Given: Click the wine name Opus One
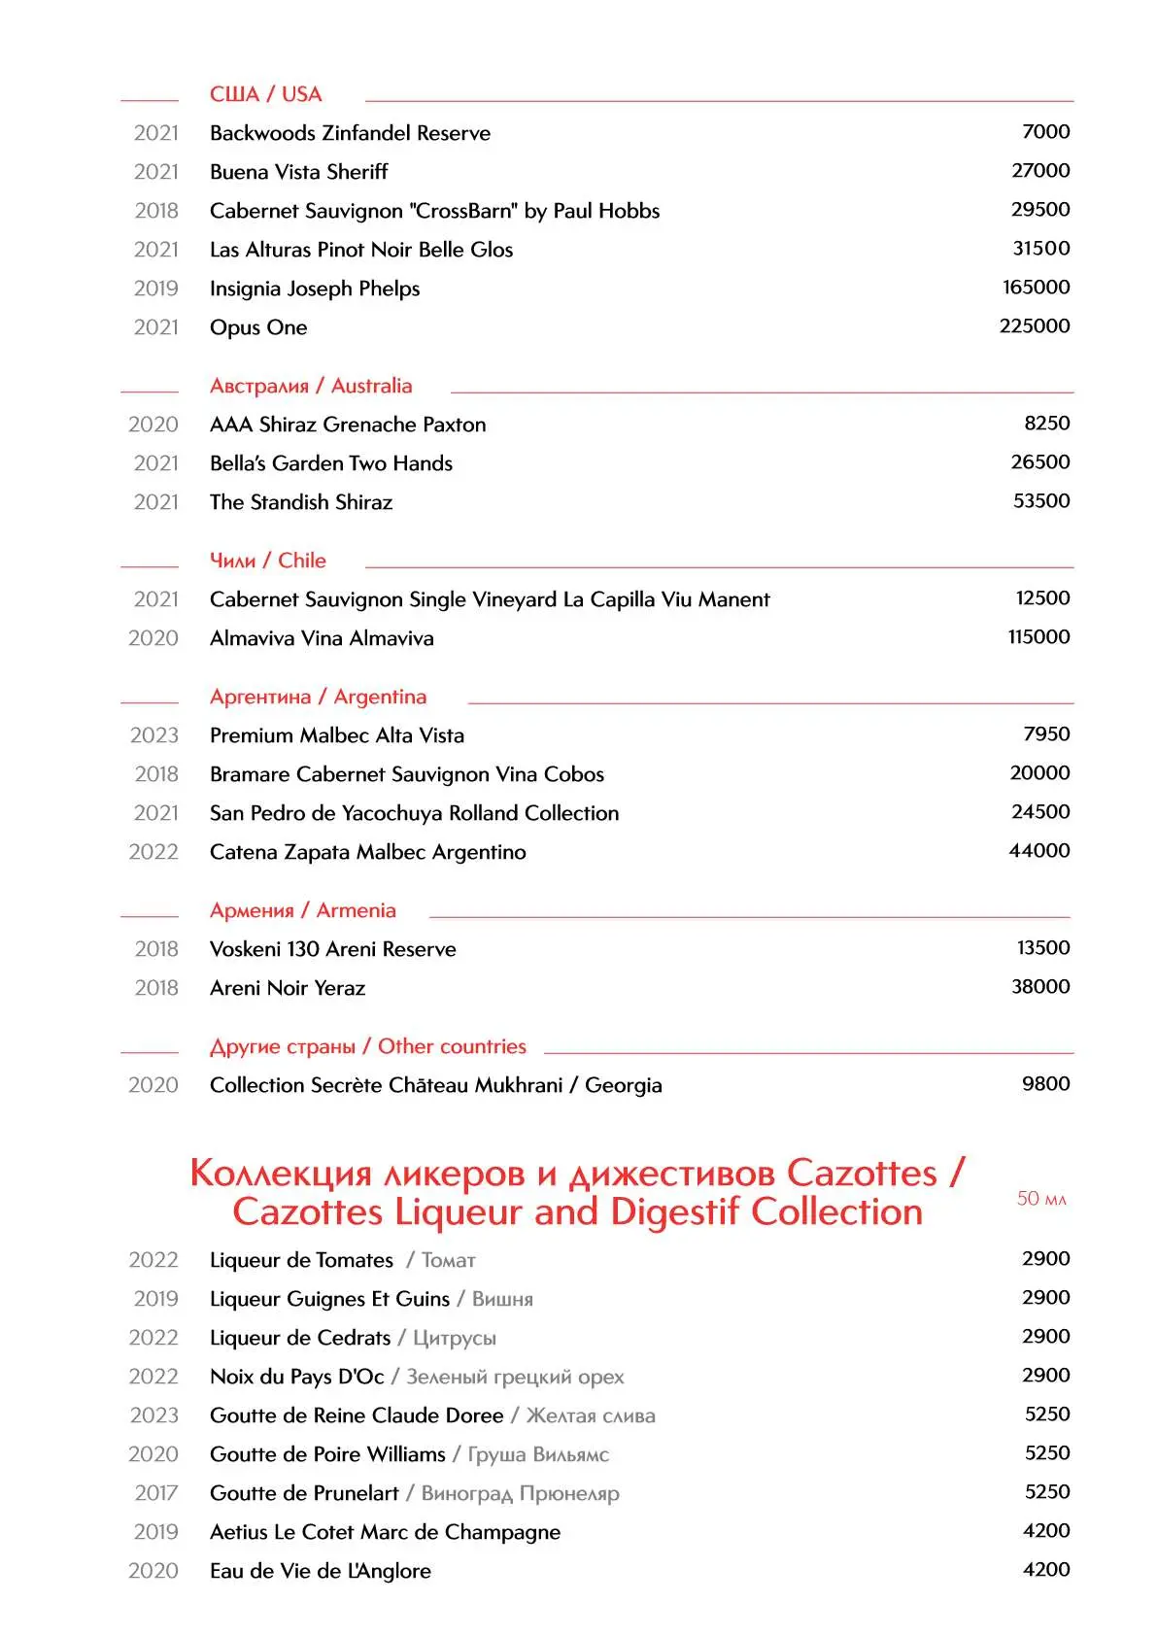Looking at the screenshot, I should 258,327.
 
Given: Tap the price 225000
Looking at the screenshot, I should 1034,326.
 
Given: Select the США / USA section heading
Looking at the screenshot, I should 265,94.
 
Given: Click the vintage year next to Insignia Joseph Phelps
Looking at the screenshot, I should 155,289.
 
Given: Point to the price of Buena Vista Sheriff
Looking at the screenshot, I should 1039,171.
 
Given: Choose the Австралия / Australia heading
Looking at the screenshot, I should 311,386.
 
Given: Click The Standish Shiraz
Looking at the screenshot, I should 301,502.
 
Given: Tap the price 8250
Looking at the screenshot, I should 1046,424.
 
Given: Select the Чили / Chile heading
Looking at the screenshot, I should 268,561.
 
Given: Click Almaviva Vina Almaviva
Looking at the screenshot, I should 322,638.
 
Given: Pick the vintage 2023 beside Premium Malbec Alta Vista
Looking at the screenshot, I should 154,735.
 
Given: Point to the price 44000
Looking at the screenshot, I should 1038,851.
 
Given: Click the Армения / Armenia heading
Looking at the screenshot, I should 303,910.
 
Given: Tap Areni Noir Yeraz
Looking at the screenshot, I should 288,988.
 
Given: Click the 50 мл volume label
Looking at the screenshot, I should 1040,1199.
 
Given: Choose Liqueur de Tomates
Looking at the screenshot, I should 301,1260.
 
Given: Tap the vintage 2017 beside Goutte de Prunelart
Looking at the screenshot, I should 155,1493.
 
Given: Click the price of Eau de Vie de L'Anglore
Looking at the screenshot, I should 1045,1570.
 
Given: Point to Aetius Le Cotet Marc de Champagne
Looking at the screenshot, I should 385,1532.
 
